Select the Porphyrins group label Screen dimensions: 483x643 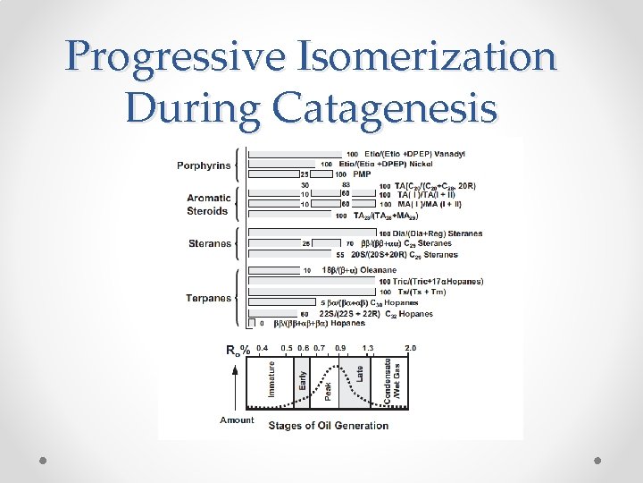point(203,165)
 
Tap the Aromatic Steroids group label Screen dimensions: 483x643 point(208,205)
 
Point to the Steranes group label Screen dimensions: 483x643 point(210,243)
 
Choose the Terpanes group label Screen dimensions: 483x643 point(208,298)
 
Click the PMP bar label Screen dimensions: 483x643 point(362,174)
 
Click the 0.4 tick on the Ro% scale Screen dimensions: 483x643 point(262,347)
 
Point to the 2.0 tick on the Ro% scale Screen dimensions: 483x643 point(410,347)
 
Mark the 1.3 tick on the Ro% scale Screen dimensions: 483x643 point(368,347)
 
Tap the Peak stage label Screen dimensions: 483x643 point(328,389)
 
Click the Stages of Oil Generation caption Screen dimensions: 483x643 point(328,425)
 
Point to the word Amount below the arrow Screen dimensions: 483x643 point(237,419)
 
